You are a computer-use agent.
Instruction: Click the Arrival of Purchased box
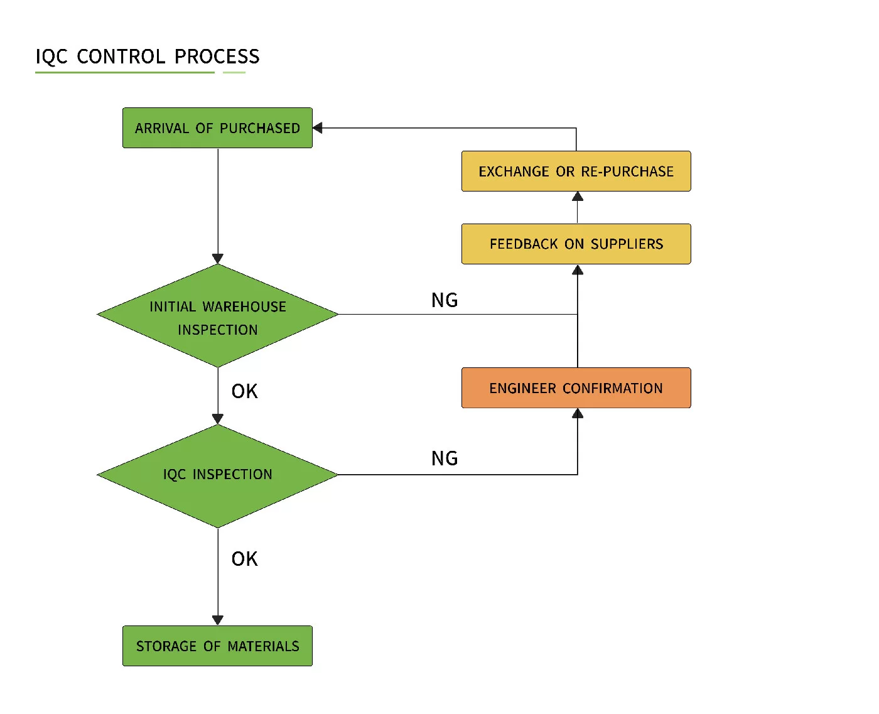click(217, 128)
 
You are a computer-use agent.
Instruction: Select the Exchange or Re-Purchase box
click(576, 171)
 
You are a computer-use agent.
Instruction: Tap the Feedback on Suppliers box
click(576, 244)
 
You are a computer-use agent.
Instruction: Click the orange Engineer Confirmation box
click(576, 388)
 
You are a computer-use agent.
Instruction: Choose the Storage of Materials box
click(217, 646)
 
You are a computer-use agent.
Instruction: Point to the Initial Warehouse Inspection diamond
click(217, 316)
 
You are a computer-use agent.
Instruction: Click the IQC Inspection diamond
click(217, 475)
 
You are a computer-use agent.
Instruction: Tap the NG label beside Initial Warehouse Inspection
click(445, 300)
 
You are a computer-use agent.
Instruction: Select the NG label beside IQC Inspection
click(445, 458)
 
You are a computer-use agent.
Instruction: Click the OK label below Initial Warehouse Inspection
click(244, 391)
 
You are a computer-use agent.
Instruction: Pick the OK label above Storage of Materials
click(244, 559)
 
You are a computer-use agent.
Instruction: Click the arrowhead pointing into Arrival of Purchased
click(318, 128)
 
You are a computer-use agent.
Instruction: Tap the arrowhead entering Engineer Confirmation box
click(578, 413)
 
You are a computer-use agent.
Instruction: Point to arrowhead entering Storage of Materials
click(218, 620)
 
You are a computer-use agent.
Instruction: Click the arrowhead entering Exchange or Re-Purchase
click(578, 197)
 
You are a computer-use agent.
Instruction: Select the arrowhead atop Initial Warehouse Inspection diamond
click(218, 258)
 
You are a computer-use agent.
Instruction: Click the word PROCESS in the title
click(217, 57)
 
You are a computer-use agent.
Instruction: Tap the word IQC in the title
click(51, 57)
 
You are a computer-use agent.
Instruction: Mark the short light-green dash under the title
click(234, 73)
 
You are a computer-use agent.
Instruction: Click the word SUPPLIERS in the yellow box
click(627, 244)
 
